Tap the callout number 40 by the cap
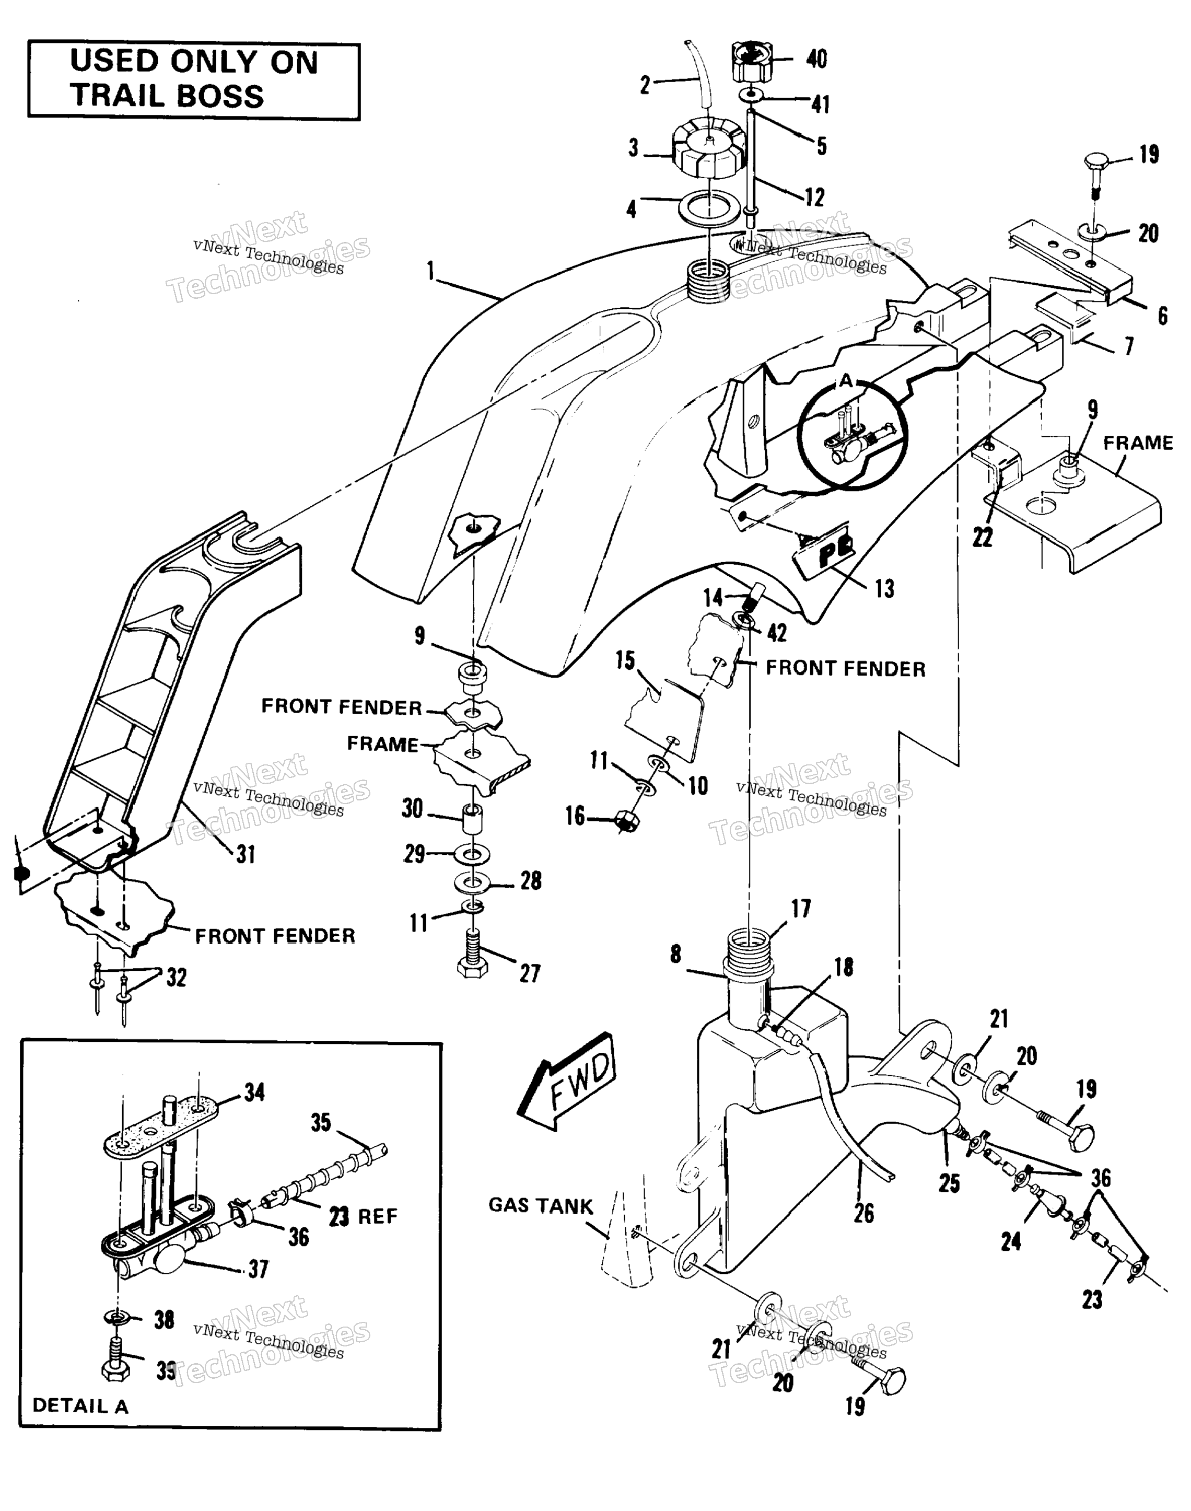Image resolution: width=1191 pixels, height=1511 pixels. [816, 59]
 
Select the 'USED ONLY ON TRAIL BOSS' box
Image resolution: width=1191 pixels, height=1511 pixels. [194, 81]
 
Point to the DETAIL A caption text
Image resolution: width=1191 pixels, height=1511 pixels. [81, 1405]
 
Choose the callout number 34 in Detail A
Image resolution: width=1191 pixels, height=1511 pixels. [254, 1092]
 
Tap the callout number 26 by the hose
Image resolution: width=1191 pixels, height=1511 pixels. [864, 1213]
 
